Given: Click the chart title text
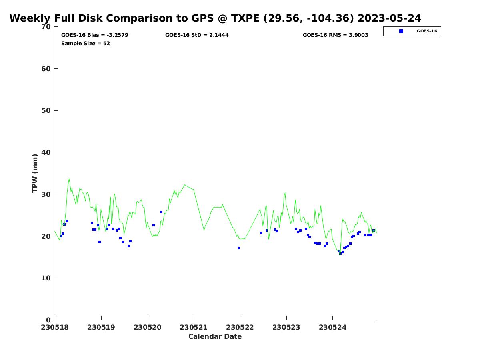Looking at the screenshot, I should pos(215,18).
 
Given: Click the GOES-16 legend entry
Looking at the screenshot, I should pos(426,31).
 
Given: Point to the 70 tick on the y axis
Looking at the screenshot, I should pos(46,27).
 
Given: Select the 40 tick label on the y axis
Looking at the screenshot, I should pos(46,152).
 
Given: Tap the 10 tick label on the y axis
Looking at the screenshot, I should pos(46,278).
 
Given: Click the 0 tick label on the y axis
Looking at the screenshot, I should pos(48,320).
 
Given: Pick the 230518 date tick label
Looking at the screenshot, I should pos(55,327).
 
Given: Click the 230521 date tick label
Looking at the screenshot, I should pos(194,327).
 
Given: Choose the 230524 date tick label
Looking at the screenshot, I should pos(332,327).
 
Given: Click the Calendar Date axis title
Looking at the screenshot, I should pos(215,337).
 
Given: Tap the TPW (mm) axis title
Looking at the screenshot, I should pos(35,173).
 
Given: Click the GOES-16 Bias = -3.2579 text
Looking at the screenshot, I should pos(94,35).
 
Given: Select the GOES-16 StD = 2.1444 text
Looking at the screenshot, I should pos(197,35).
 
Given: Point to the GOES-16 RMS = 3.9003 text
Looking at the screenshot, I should pos(335,35).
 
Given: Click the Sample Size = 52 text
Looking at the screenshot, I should pos(85,44).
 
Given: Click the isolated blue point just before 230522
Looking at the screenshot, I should pos(239,248).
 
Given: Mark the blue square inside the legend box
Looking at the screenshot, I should pos(401,31).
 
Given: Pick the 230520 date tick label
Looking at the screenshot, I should pos(147,327).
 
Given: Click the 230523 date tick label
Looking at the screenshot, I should pos(286,327).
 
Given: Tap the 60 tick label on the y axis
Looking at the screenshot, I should pos(46,69).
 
